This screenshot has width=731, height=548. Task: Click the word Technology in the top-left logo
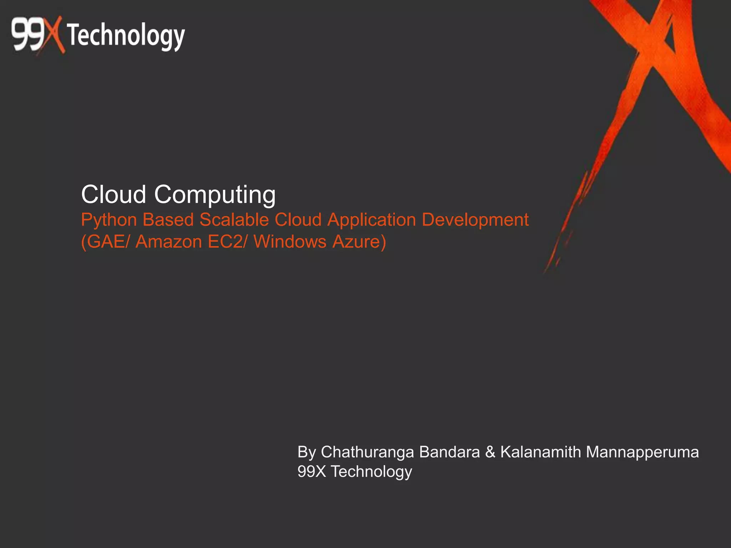[x=126, y=36]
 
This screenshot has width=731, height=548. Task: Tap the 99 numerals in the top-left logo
[x=28, y=35]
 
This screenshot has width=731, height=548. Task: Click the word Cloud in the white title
[x=114, y=194]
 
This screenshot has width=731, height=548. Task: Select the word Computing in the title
[x=215, y=195]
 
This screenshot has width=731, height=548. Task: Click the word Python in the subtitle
[x=109, y=220]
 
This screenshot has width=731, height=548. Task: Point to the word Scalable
[x=234, y=219]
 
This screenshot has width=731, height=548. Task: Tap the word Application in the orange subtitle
[x=372, y=220]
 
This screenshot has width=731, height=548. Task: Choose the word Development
[x=475, y=220]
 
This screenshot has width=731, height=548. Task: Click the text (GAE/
[x=106, y=242]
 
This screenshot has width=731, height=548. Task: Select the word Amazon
[x=169, y=242]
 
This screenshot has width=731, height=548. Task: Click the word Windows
[x=290, y=242]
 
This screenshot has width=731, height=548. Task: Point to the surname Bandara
[x=449, y=452]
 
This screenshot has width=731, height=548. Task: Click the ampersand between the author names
[x=490, y=452]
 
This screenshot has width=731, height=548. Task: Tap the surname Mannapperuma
[x=642, y=452]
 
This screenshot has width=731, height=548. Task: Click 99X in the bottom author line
[x=312, y=471]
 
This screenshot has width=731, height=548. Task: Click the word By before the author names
[x=307, y=452]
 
